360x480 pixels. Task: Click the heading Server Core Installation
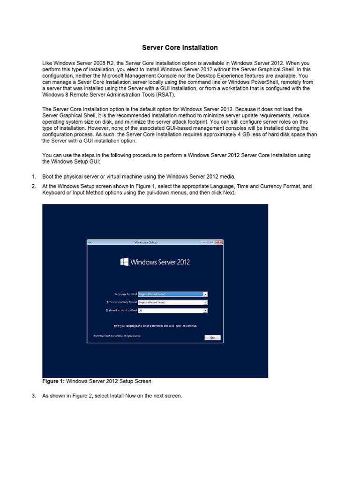point(180,47)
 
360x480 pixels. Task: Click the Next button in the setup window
point(212,337)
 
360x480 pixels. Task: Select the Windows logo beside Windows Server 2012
point(124,262)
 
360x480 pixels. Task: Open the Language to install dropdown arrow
point(205,294)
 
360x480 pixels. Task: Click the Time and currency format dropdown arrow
point(205,302)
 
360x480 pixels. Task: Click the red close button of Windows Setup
point(219,242)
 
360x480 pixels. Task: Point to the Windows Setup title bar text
point(146,242)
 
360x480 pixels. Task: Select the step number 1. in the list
point(34,176)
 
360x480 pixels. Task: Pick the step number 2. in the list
point(34,186)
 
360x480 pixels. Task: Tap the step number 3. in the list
point(34,396)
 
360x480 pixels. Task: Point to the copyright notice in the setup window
point(117,336)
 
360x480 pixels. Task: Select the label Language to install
point(123,294)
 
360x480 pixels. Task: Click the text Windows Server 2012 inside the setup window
point(160,262)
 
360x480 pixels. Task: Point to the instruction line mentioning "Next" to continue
point(155,325)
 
